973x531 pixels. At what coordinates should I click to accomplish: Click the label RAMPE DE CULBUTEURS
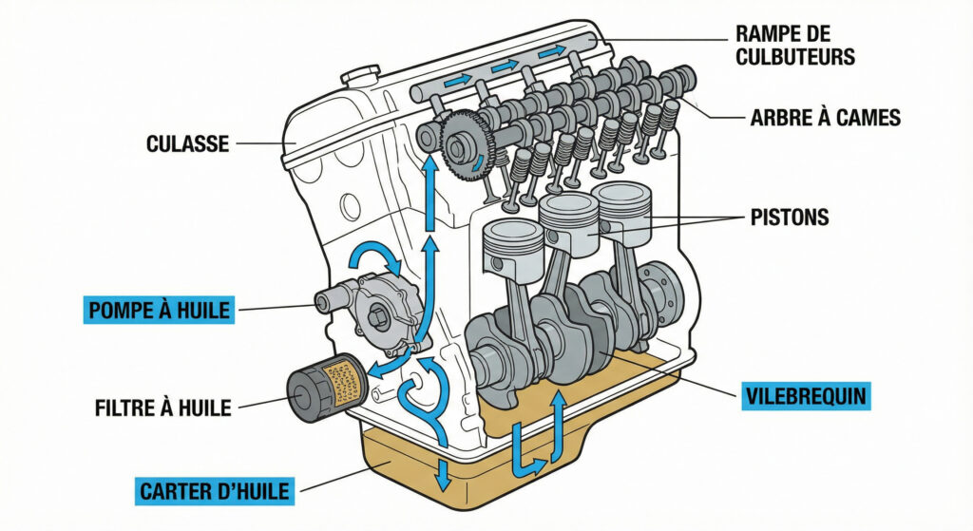795,45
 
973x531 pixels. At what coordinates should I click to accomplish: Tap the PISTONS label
788,218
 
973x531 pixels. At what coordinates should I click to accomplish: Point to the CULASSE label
188,144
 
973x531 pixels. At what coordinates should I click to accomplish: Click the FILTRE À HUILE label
163,408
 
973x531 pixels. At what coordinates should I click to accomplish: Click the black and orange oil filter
325,385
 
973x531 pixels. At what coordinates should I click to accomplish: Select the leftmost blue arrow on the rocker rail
457,83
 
